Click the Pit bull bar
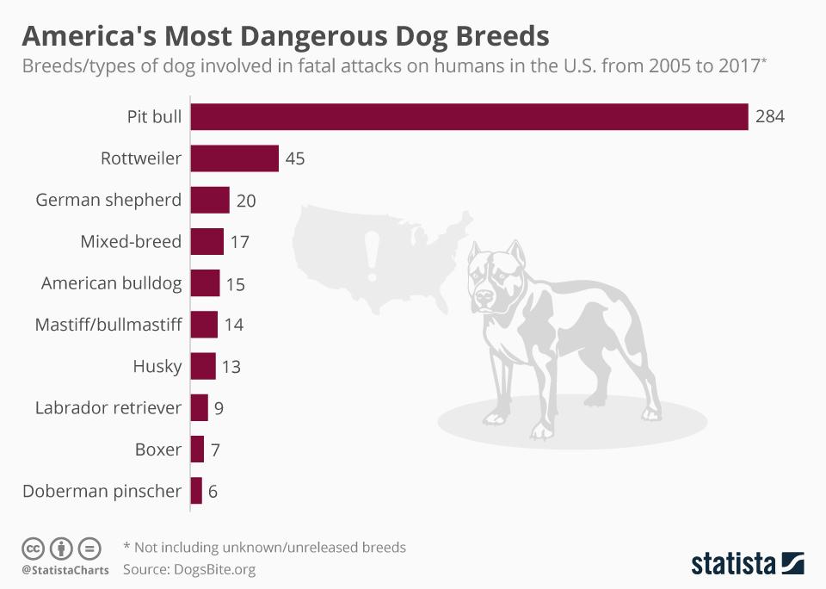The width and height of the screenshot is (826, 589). (469, 117)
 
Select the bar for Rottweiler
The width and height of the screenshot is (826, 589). (234, 158)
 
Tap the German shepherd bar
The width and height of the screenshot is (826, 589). (210, 200)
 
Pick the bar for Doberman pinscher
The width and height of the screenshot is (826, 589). (196, 491)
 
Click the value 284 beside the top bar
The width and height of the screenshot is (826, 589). (770, 117)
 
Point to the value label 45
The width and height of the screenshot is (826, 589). (295, 159)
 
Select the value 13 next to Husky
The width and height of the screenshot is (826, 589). (231, 367)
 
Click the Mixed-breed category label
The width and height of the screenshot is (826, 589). (131, 242)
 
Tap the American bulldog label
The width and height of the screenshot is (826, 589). (112, 283)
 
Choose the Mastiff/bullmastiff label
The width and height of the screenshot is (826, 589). (108, 325)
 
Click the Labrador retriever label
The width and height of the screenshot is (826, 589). (108, 407)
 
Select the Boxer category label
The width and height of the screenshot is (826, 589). (158, 449)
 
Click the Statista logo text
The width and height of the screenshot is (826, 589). (733, 564)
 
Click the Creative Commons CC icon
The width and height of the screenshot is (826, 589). (33, 548)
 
